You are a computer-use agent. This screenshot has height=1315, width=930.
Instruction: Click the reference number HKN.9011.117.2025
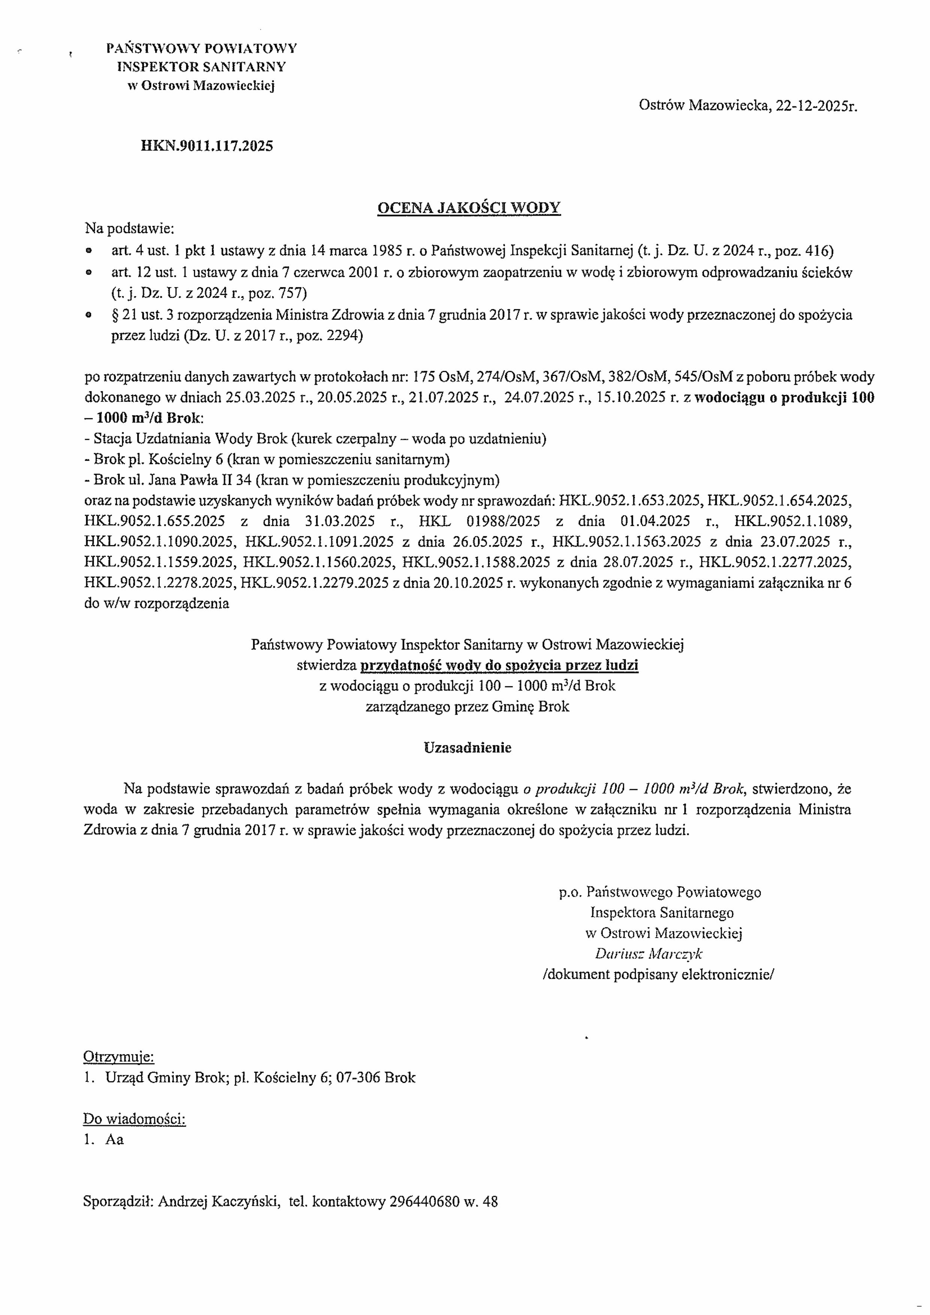(207, 146)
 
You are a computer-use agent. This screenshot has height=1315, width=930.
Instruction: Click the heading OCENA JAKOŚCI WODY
(469, 208)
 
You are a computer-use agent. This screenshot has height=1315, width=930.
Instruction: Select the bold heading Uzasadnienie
(468, 748)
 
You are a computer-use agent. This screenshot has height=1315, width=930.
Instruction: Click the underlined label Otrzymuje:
(119, 1056)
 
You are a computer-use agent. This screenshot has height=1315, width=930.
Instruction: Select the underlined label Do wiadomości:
(135, 1118)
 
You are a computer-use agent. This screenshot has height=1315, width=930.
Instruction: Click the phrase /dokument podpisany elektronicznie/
(658, 974)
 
